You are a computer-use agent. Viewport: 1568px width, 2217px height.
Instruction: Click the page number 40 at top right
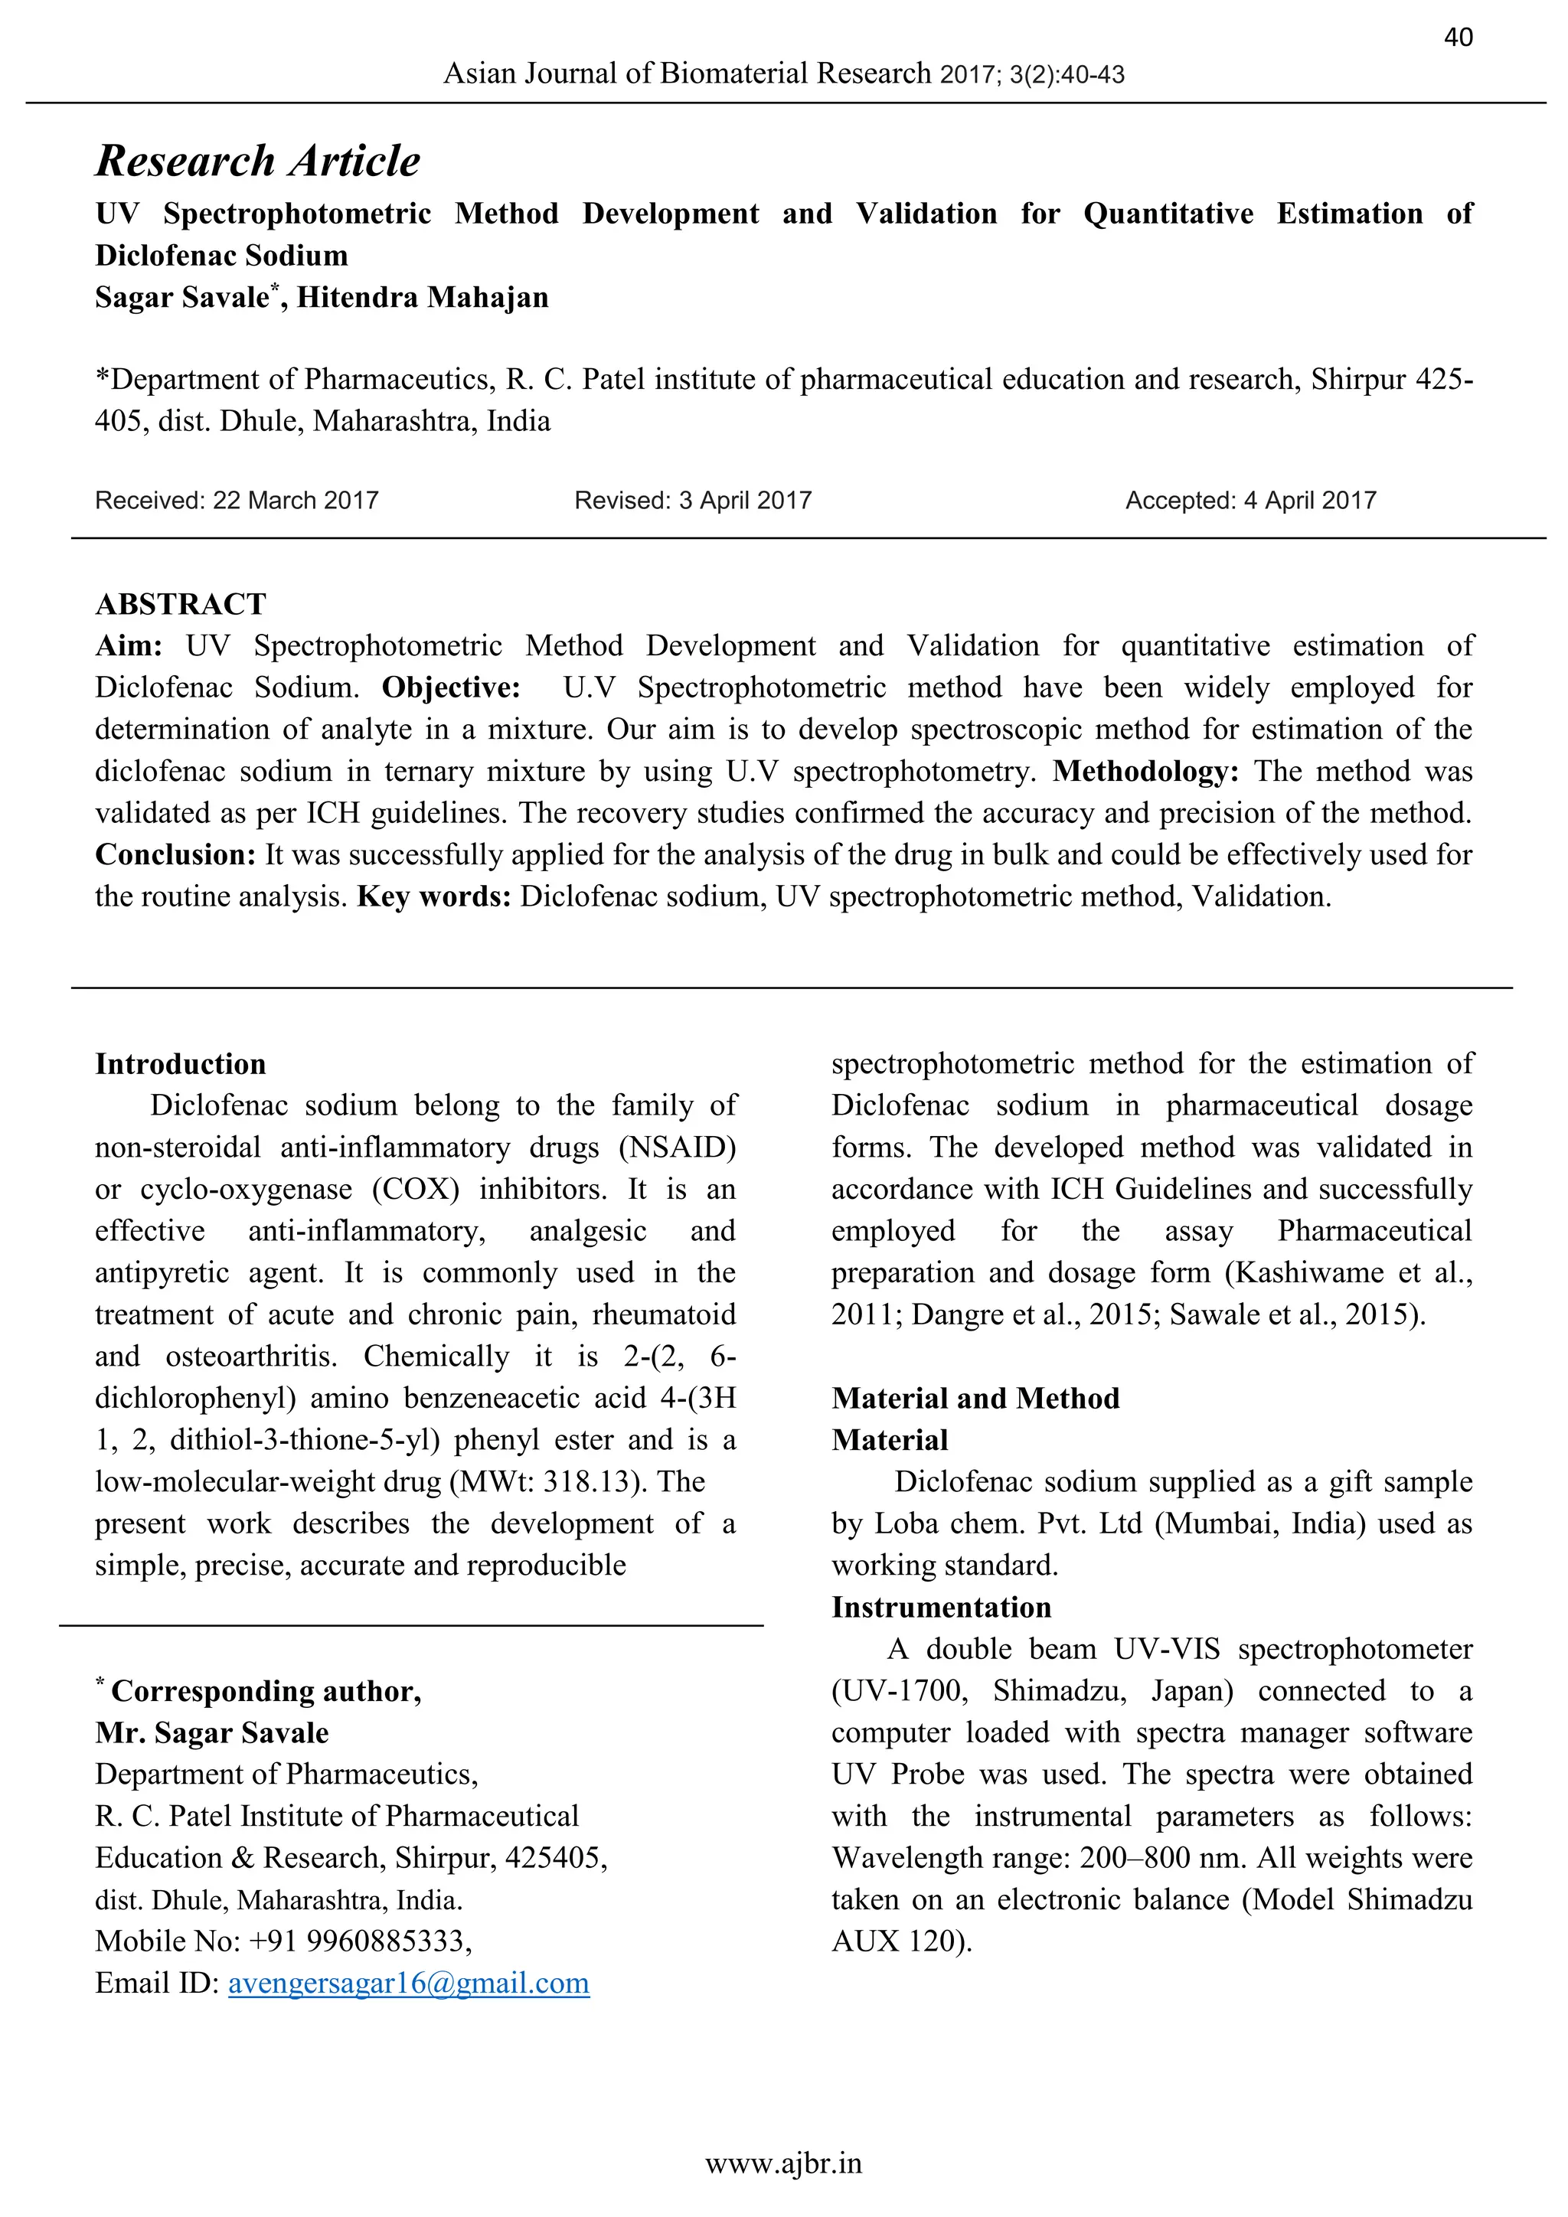click(x=1458, y=38)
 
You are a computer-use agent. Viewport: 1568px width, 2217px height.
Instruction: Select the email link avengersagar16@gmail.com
click(x=408, y=1984)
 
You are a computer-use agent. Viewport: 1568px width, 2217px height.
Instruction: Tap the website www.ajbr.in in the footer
click(x=783, y=2164)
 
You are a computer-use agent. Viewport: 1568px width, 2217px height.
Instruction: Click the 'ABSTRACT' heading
click(x=181, y=605)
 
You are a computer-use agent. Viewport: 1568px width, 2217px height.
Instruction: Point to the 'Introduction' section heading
click(x=181, y=1064)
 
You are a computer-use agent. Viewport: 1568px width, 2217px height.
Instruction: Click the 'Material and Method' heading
click(x=975, y=1398)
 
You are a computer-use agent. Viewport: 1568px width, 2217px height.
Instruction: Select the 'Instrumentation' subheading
click(x=942, y=1607)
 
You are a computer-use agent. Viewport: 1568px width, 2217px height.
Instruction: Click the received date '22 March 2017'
click(x=296, y=500)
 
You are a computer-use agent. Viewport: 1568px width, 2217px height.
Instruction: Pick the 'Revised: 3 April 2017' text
click(x=692, y=500)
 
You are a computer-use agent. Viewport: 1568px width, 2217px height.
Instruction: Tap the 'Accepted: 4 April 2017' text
click(x=1250, y=500)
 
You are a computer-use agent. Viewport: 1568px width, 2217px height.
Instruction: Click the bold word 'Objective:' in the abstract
click(x=451, y=687)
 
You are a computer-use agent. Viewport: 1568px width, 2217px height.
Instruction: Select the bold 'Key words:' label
click(x=433, y=897)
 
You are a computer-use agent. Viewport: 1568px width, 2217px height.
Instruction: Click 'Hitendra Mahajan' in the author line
click(x=422, y=297)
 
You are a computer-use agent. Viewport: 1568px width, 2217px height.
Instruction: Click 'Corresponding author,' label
click(x=266, y=1691)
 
